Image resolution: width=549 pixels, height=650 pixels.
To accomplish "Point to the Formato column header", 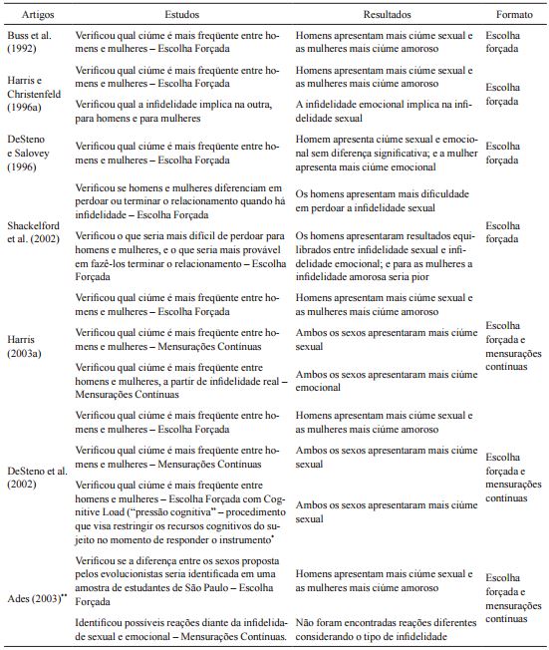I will pyautogui.click(x=511, y=17).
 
